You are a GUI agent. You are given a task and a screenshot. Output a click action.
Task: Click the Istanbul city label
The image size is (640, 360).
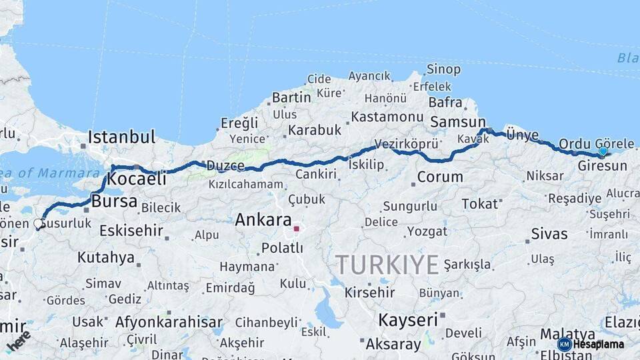(121, 137)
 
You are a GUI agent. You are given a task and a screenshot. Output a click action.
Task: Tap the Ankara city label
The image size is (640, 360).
(263, 220)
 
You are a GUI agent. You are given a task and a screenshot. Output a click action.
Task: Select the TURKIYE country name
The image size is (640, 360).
(387, 265)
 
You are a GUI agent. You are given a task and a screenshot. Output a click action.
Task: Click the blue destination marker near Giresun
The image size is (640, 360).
(603, 152)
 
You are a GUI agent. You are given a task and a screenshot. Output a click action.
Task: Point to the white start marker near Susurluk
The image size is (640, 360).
(39, 224)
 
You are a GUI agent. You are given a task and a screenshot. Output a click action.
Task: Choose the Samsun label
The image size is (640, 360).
(458, 122)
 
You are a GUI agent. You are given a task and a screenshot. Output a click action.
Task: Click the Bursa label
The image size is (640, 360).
(114, 201)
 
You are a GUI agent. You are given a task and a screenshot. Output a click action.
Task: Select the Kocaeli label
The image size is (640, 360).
(137, 179)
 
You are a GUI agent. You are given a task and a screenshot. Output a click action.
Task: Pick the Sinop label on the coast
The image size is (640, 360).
(443, 69)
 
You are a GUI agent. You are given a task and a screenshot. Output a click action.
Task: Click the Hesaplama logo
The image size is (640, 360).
(592, 344)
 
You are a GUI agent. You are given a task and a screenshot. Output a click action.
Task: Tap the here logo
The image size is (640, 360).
(18, 341)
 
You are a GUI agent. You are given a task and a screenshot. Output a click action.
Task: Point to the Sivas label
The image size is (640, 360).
(549, 234)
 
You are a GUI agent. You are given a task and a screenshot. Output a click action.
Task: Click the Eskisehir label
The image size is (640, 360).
(131, 231)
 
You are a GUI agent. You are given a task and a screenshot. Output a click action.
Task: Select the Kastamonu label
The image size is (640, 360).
(387, 117)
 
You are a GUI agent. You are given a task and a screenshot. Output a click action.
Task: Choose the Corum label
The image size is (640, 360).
(440, 177)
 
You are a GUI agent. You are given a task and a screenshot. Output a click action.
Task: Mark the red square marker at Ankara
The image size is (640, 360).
(297, 229)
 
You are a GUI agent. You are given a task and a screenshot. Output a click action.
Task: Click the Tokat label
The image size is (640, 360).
(479, 204)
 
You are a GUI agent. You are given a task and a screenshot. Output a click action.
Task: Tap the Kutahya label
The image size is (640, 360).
(105, 257)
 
